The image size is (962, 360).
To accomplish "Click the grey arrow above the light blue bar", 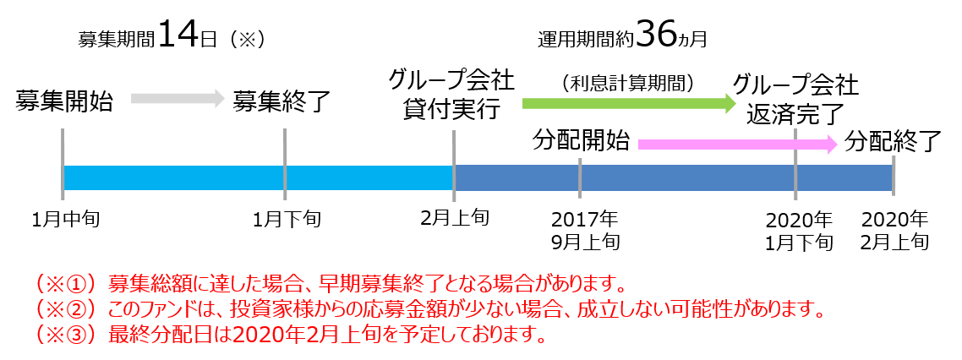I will (176, 98).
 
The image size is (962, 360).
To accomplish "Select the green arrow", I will (626, 103).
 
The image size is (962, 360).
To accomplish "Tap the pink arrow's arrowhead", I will (832, 145).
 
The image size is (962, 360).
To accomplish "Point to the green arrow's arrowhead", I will (730, 103).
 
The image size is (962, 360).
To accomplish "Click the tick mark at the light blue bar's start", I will (63, 165).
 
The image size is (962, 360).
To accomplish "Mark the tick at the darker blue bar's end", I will (894, 176).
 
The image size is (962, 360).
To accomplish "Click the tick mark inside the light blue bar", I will (285, 165).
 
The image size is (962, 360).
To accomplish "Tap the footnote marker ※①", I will (68, 282).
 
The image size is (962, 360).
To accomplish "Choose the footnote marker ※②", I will (68, 308).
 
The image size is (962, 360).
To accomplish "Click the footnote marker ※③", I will (68, 335).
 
